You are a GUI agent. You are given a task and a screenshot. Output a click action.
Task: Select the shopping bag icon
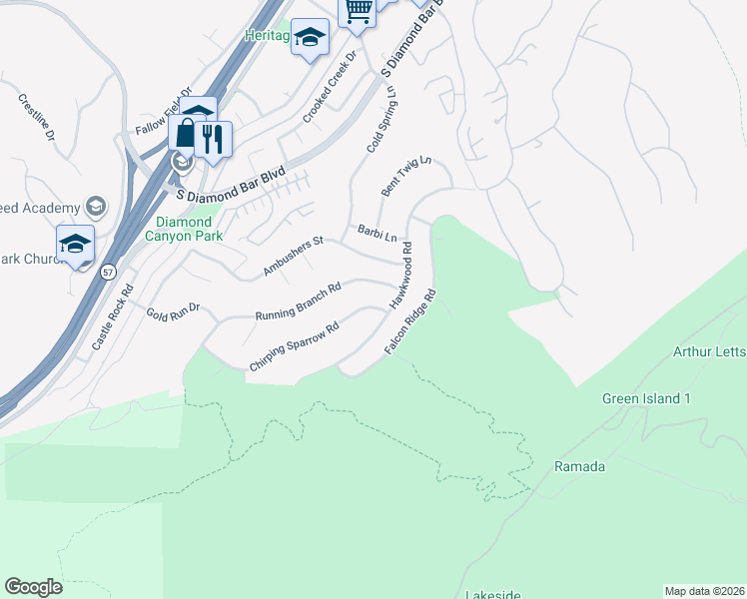point(186,133)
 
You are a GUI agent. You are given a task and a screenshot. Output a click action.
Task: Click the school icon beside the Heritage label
point(311,38)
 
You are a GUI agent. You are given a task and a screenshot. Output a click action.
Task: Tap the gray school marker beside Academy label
point(96,207)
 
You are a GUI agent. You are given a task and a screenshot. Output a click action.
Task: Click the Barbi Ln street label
point(377,235)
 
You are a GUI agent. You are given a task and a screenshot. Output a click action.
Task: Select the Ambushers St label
point(294,256)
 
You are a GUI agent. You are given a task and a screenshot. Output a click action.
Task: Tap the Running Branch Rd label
point(299,300)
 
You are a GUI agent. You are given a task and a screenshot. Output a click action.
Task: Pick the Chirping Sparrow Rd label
point(294,346)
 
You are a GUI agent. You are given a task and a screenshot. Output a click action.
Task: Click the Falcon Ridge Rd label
point(411,324)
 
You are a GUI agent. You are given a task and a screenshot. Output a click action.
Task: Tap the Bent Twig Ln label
point(406,176)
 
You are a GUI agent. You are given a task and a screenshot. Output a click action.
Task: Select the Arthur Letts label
point(709,351)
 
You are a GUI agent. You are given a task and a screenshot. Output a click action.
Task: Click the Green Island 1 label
point(646,399)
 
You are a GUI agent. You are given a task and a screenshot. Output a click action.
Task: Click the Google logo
point(33,587)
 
